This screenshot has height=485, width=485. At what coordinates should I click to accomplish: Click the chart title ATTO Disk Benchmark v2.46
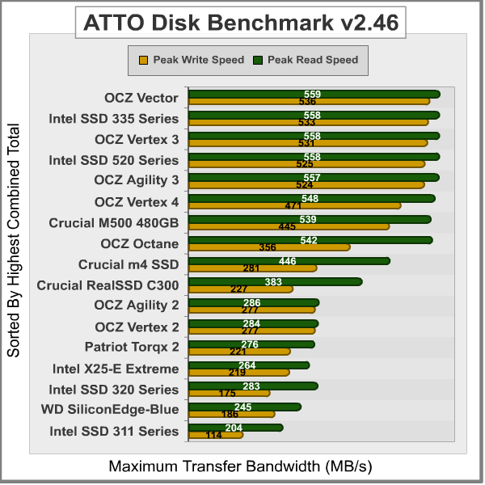pyautogui.click(x=242, y=23)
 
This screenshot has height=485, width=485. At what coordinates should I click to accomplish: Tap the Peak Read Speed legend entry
pyautogui.click(x=306, y=60)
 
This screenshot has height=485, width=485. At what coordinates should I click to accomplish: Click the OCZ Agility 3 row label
pyautogui.click(x=137, y=179)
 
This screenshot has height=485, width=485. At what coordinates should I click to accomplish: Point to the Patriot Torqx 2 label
pyautogui.click(x=132, y=348)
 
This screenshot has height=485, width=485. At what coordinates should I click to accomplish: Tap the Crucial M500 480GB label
pyautogui.click(x=114, y=221)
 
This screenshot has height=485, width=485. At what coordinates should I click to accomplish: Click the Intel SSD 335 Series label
pyautogui.click(x=114, y=118)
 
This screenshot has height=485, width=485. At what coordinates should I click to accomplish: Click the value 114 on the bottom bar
pyautogui.click(x=214, y=435)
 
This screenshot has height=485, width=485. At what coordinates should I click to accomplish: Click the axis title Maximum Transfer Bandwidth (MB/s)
pyautogui.click(x=241, y=467)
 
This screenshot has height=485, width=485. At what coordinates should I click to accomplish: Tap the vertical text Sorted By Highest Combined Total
pyautogui.click(x=14, y=241)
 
